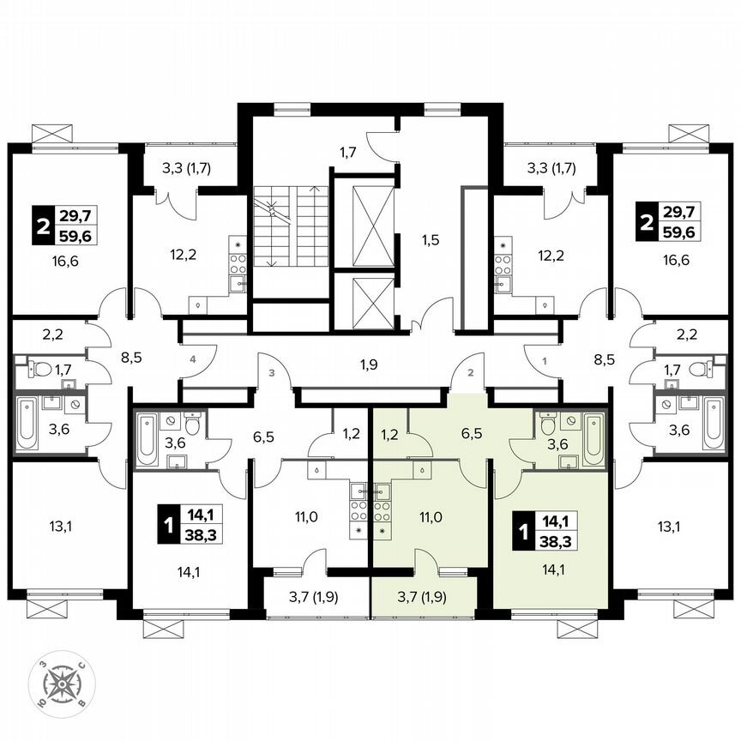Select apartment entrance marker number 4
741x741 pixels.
[194, 360]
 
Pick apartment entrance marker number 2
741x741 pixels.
[470, 373]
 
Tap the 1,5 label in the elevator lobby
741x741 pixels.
[430, 240]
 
